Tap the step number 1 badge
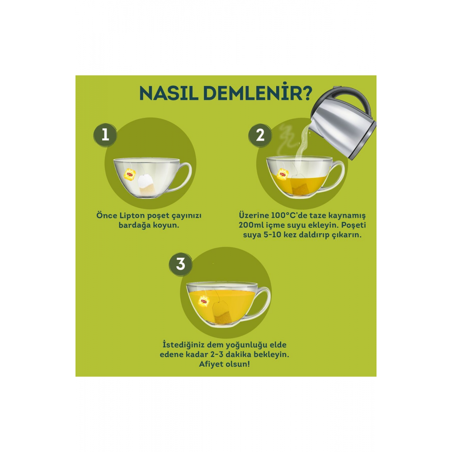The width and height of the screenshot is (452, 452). tap(105, 135)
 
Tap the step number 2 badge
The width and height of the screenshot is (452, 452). tap(260, 135)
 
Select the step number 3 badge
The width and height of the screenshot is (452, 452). tap(180, 264)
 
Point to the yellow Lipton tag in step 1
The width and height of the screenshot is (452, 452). tap(129, 174)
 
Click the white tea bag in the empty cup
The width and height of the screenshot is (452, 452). tap(146, 184)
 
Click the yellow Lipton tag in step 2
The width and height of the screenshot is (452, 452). tap(282, 174)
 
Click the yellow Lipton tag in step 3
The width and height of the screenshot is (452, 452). tap(203, 301)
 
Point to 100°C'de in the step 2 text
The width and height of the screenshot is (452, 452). tap(289, 216)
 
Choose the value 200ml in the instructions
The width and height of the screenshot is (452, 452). tap(251, 225)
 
